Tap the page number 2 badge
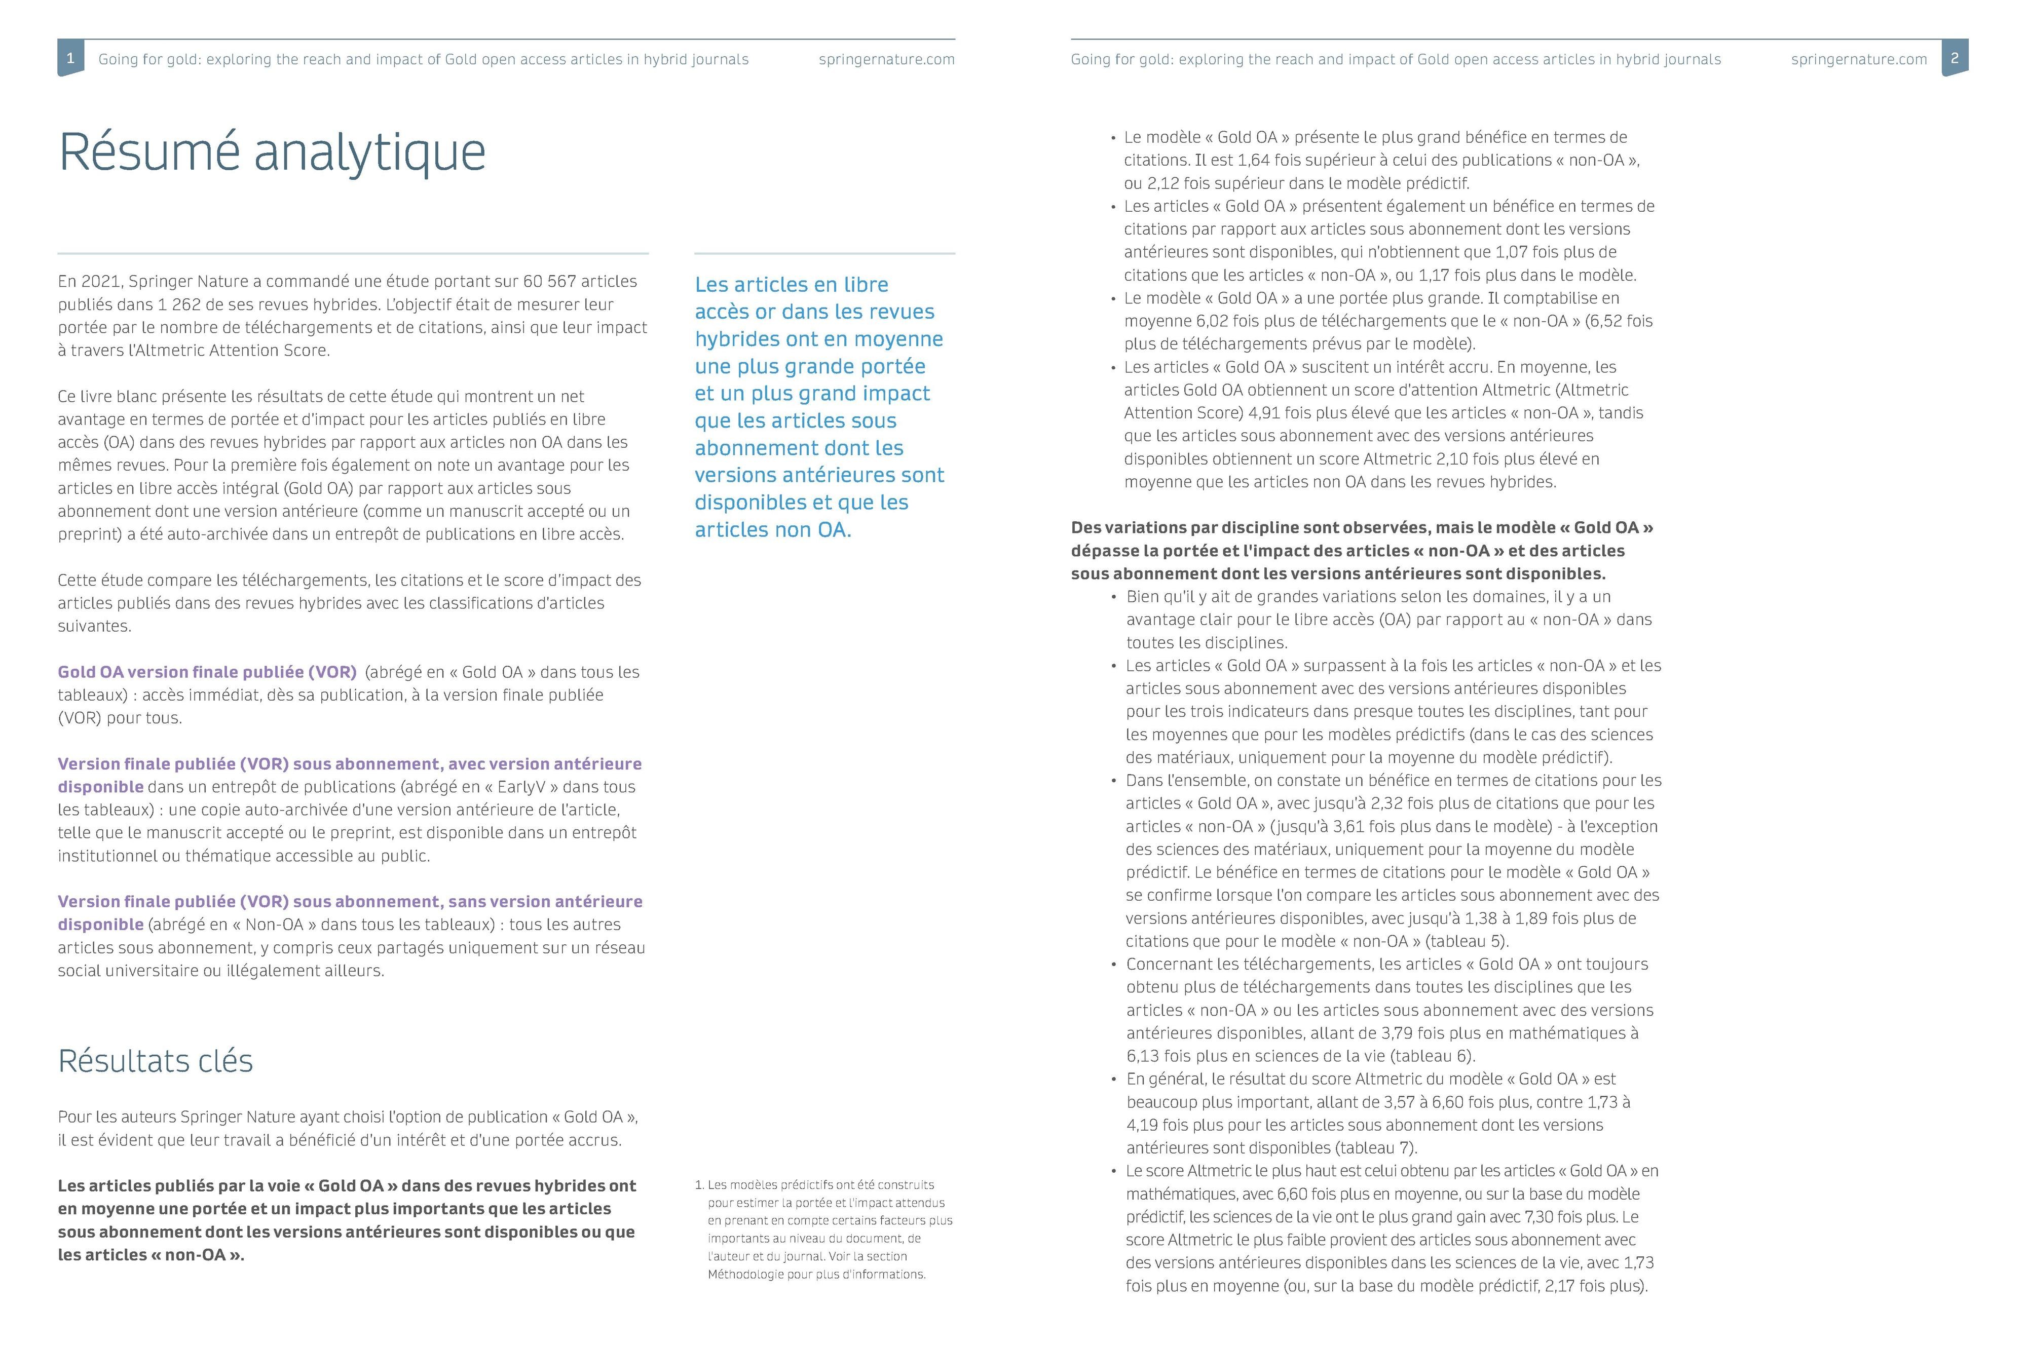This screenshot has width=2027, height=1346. click(x=1954, y=58)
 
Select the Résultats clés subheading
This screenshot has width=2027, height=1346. click(x=156, y=1061)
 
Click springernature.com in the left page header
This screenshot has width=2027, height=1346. click(x=886, y=59)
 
